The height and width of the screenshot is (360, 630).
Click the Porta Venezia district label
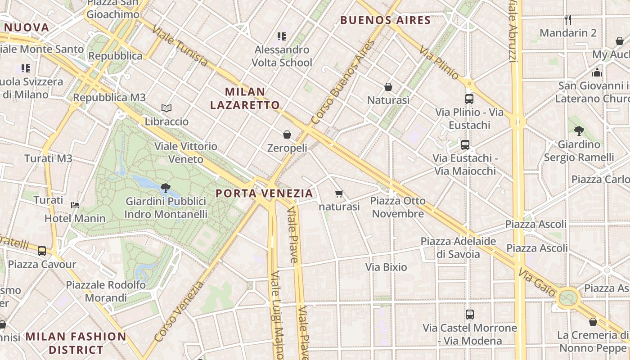click(264, 193)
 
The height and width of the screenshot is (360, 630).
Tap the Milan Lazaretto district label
click(245, 99)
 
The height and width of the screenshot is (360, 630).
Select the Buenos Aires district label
click(386, 20)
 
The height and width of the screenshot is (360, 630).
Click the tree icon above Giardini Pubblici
click(166, 188)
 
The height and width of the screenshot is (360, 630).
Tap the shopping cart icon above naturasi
click(339, 194)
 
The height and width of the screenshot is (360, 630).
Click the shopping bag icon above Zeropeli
click(287, 135)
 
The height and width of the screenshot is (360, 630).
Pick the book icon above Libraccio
click(166, 108)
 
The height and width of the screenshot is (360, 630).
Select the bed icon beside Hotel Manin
click(75, 205)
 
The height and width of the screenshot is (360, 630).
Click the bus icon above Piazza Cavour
click(42, 251)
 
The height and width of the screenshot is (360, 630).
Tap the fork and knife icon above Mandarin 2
click(568, 20)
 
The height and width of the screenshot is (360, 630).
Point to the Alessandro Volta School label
click(282, 56)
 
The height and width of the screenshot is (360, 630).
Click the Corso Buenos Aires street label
click(343, 82)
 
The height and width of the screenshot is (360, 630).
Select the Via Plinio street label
click(439, 63)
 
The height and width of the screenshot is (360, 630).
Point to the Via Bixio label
click(386, 267)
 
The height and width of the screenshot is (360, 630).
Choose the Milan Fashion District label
click(76, 343)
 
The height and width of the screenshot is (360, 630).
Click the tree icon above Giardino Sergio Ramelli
click(579, 131)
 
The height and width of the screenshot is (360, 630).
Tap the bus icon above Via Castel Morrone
click(470, 315)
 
